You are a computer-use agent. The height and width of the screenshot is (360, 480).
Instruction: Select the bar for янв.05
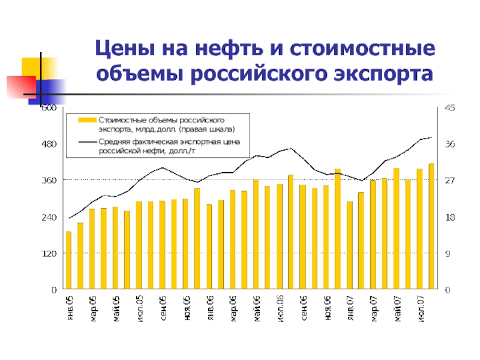[68, 260]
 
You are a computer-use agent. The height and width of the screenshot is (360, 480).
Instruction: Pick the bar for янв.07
[349, 245]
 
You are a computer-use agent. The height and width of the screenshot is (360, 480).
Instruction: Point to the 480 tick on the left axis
[49, 144]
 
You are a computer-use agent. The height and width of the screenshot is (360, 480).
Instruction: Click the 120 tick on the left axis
[49, 253]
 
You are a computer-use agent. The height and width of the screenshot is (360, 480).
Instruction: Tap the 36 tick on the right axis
[449, 144]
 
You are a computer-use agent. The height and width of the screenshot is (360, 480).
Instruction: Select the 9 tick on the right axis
[446, 253]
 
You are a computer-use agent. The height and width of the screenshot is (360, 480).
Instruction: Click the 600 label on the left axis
[49, 109]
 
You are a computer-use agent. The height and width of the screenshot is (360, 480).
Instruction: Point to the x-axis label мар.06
[233, 307]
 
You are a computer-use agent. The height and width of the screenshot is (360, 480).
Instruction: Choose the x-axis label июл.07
[420, 307]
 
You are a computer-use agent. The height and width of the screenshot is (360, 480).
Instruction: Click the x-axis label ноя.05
[186, 307]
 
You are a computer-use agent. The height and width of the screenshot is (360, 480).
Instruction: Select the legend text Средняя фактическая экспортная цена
[169, 142]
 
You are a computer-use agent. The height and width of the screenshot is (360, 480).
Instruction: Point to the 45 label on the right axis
[449, 108]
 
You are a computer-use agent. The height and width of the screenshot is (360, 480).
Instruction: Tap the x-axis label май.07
[396, 307]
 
